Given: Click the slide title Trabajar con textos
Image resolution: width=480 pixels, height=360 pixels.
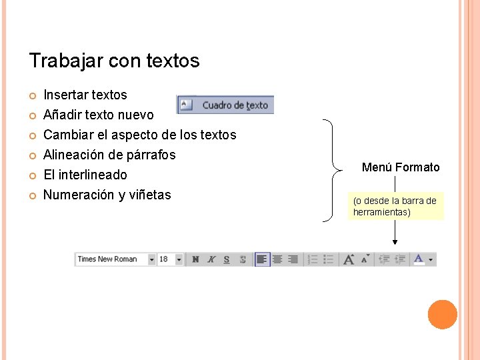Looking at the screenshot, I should click(x=114, y=61).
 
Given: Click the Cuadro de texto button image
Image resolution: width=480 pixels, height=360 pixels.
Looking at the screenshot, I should click(x=225, y=105).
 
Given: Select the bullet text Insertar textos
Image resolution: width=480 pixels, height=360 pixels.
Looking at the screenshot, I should click(x=85, y=95).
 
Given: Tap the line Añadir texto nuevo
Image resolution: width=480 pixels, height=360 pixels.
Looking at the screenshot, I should click(x=98, y=115).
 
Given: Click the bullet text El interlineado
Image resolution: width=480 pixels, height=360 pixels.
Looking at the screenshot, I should click(x=85, y=175).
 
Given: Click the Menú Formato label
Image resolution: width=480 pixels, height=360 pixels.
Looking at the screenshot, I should click(x=401, y=167).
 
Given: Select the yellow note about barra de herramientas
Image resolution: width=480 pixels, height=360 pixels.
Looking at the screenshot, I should click(x=395, y=207).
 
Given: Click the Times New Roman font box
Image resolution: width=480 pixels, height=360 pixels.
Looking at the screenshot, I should click(x=111, y=259).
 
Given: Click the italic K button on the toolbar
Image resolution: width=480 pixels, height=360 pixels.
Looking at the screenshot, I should click(x=211, y=259).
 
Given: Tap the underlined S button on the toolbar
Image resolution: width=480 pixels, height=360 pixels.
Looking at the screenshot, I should click(x=227, y=259).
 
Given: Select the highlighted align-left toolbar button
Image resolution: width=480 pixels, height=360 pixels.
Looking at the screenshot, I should click(x=262, y=259).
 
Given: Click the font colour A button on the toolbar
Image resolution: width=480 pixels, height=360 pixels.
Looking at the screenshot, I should click(x=419, y=259).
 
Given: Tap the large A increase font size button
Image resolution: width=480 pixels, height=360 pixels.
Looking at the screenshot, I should click(x=348, y=259).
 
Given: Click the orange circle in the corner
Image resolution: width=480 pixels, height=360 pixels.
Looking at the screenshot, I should click(x=442, y=315).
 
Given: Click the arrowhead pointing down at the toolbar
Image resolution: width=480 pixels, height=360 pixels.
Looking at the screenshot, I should click(x=395, y=244).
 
